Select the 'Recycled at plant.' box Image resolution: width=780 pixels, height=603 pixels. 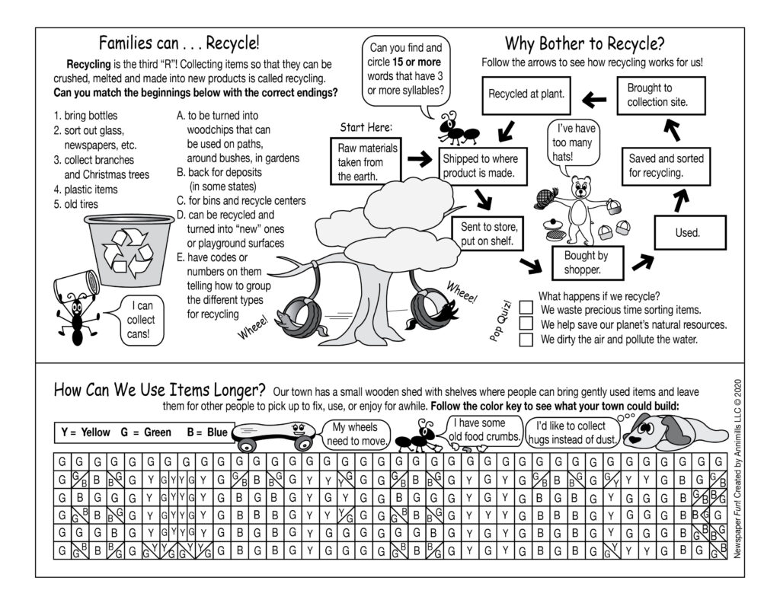click(527, 95)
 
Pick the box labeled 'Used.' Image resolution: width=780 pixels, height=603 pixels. click(687, 233)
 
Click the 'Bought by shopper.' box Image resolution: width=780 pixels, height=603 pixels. click(586, 263)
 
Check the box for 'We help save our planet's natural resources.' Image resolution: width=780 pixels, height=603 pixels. click(526, 324)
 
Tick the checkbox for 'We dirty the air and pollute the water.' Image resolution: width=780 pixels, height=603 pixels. click(526, 340)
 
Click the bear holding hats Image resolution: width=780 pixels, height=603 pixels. click(580, 206)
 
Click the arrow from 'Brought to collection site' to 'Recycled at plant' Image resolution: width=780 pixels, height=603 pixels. click(594, 98)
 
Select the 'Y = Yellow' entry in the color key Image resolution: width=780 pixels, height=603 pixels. click(85, 432)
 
